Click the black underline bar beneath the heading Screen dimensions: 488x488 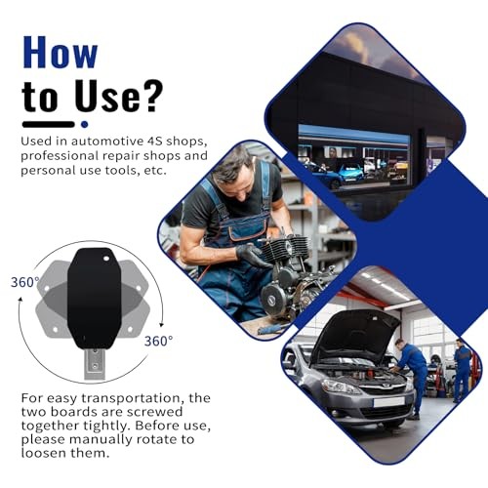(x=48, y=124)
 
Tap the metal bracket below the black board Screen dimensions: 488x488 (x=94, y=362)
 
